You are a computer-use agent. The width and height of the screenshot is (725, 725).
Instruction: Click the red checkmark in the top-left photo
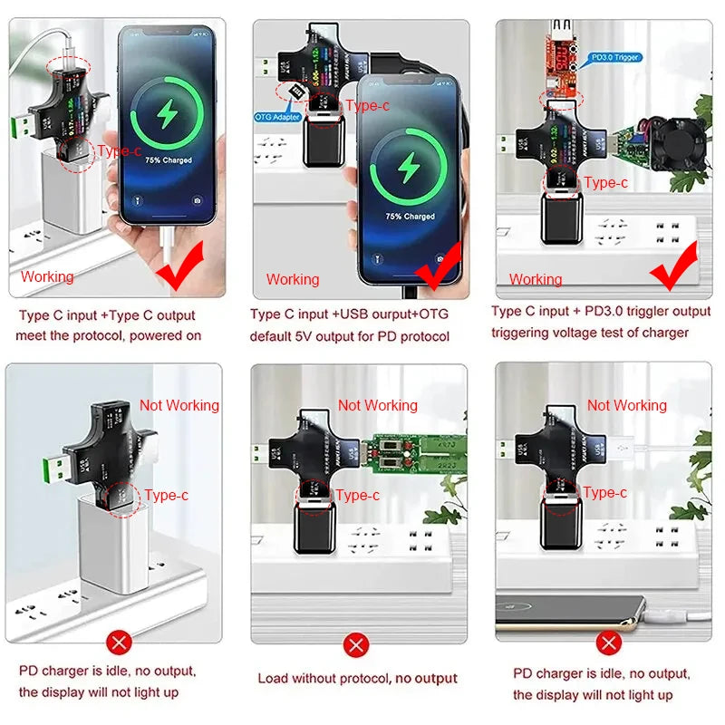(x=180, y=272)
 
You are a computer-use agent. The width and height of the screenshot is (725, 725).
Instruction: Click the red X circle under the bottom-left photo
(x=118, y=643)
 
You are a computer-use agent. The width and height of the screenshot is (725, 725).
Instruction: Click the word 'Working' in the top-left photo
(x=47, y=276)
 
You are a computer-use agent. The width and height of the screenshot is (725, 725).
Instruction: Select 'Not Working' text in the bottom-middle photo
(x=377, y=405)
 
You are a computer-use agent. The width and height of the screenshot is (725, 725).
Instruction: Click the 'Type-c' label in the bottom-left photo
(x=166, y=495)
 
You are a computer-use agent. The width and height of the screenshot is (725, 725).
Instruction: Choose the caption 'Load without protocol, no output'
(x=357, y=678)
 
